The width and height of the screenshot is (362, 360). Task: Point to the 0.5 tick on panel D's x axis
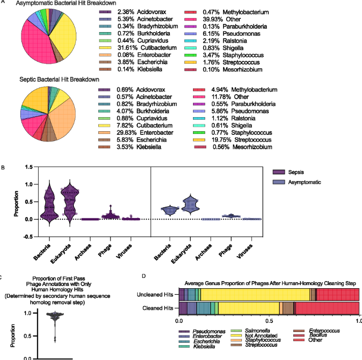pos(269,322)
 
